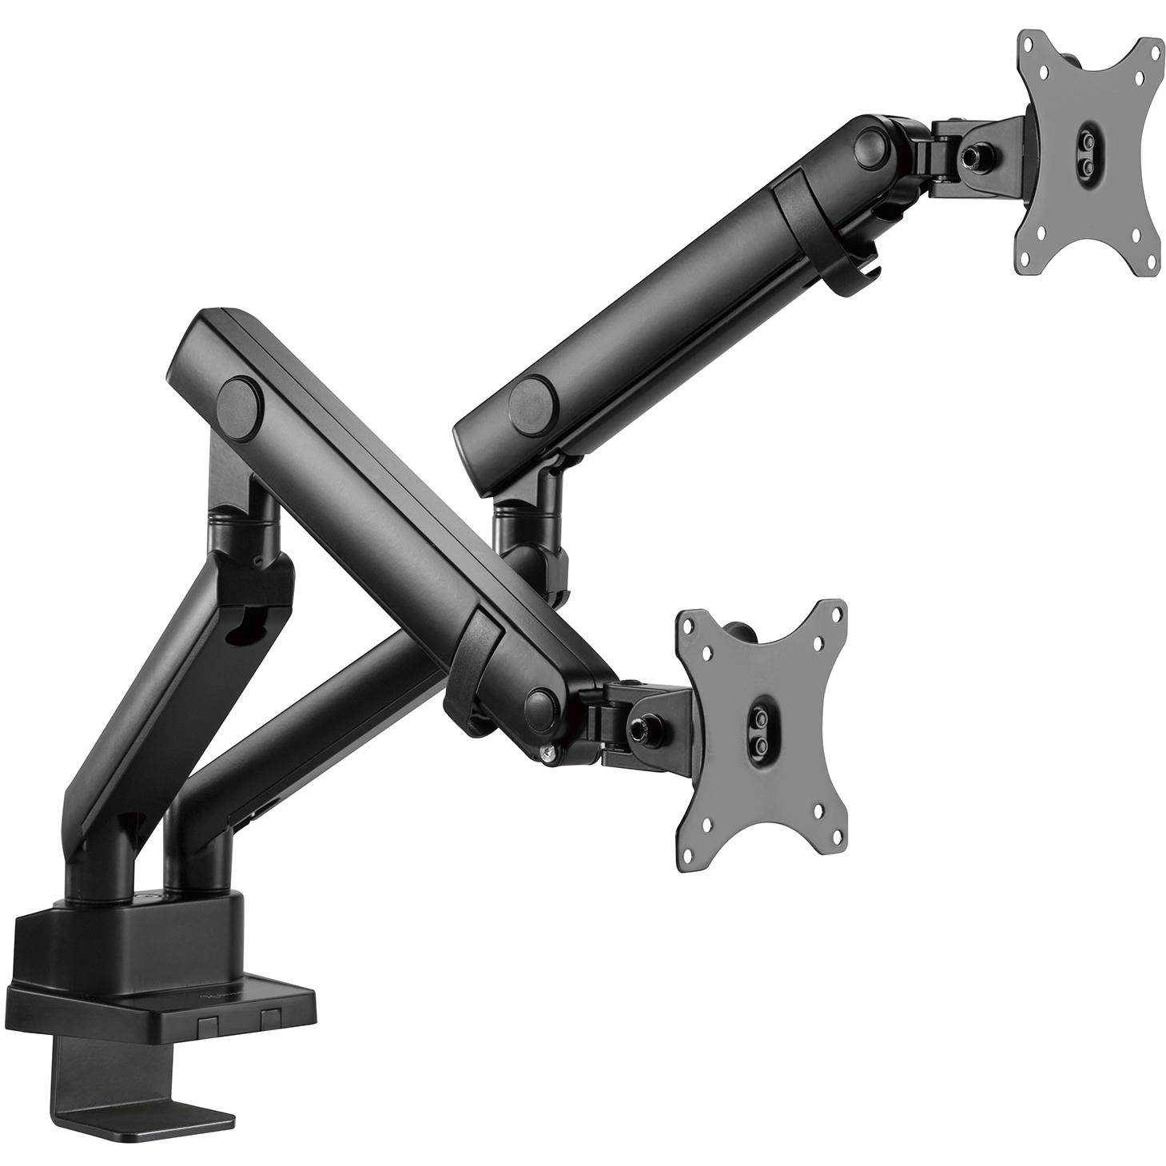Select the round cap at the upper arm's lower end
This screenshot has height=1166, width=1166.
[x=531, y=397]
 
